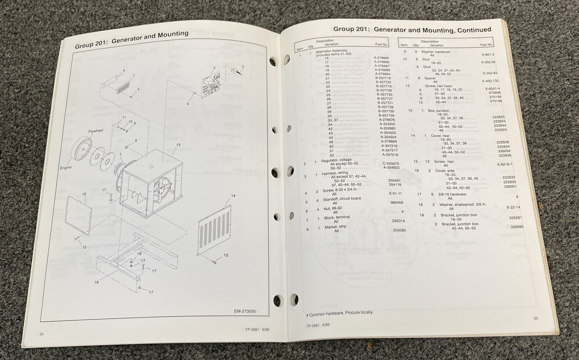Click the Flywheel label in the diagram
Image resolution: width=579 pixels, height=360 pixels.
pyautogui.click(x=96, y=131)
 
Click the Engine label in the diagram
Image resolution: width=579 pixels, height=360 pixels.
pyautogui.click(x=66, y=168)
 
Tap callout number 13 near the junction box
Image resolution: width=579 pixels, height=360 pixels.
pyautogui.click(x=178, y=145)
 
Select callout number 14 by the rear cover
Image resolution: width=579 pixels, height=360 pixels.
pyautogui.click(x=233, y=196)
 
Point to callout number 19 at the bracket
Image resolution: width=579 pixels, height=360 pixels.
pyautogui.click(x=97, y=282)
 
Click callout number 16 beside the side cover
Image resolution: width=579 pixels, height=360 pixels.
pyautogui.click(x=84, y=194)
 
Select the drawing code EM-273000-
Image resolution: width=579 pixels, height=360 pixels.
pyautogui.click(x=246, y=311)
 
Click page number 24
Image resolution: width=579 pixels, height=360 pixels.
pyautogui.click(x=42, y=334)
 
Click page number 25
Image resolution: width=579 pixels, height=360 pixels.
pyautogui.click(x=536, y=318)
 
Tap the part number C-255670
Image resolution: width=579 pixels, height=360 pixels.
pyautogui.click(x=391, y=164)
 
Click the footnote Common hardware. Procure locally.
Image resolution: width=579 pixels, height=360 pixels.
pyautogui.click(x=339, y=312)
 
